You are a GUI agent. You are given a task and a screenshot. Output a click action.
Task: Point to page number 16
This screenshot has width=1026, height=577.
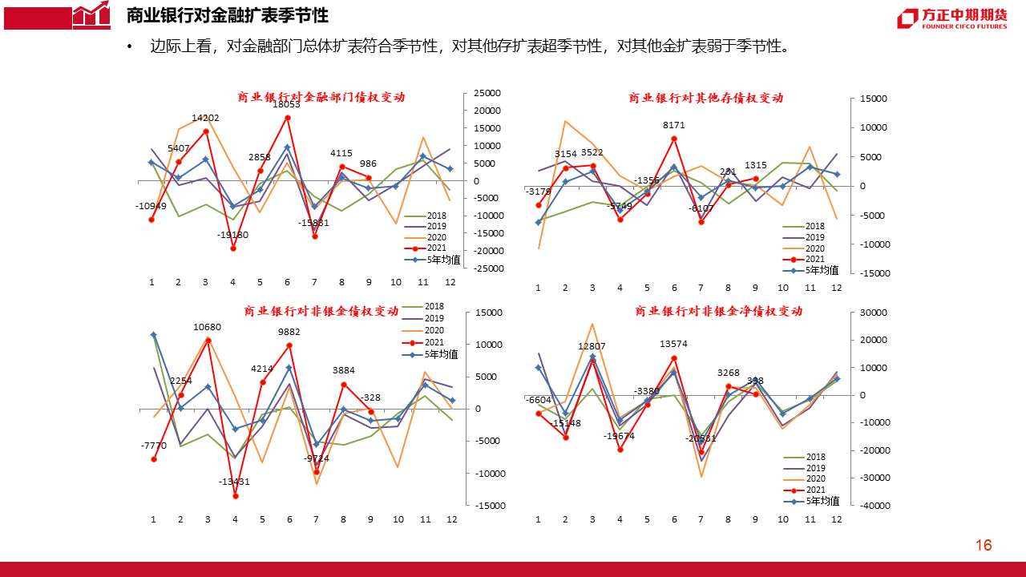click(x=984, y=546)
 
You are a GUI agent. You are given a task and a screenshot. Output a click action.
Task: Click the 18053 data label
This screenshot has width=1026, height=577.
click(x=286, y=104)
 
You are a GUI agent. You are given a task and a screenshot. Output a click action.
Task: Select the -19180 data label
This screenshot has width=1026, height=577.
click(x=232, y=235)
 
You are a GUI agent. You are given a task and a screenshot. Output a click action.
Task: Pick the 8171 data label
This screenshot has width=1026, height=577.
click(x=673, y=125)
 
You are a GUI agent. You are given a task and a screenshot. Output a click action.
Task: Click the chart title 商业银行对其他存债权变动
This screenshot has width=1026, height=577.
click(x=705, y=98)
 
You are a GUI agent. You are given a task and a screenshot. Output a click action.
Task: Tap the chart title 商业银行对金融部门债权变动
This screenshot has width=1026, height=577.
click(x=321, y=97)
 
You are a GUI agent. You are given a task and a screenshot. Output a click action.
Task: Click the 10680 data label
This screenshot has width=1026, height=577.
click(x=207, y=327)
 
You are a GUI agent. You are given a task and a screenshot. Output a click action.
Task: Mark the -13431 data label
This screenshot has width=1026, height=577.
click(x=235, y=482)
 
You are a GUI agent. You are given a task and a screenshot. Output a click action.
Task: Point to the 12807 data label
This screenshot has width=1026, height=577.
click(x=592, y=346)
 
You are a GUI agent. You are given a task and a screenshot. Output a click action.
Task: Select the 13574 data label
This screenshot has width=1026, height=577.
click(x=673, y=344)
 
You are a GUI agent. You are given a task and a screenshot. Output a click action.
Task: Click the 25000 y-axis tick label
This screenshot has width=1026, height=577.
click(x=487, y=93)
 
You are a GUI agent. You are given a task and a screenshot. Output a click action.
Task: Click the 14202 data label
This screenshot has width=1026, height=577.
click(x=205, y=118)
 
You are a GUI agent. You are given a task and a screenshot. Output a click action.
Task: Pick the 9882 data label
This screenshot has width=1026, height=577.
click(x=289, y=332)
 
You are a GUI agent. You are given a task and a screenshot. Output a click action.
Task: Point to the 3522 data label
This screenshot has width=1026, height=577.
click(x=592, y=152)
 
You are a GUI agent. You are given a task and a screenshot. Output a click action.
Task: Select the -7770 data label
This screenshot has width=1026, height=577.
click(x=153, y=446)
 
